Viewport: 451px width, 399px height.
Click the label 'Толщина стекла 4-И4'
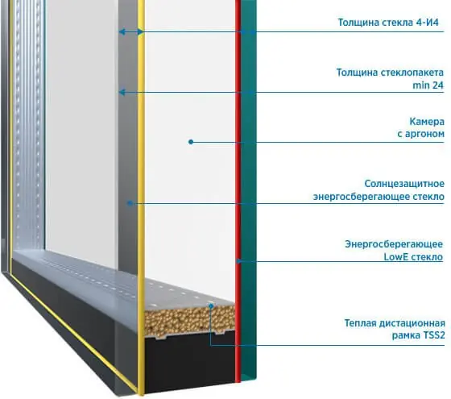tap(388, 23)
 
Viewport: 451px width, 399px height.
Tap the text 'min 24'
tap(428, 85)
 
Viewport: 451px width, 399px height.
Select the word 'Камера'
tap(427, 122)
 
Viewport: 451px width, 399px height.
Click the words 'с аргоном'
tap(420, 134)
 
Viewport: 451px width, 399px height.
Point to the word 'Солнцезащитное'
tap(404, 184)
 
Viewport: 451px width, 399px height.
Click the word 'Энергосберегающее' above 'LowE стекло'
tap(394, 244)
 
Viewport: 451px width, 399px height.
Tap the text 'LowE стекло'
tap(413, 257)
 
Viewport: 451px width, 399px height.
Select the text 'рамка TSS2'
tap(419, 335)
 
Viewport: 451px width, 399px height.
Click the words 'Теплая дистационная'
tap(395, 323)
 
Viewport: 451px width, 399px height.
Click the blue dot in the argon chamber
tap(191, 142)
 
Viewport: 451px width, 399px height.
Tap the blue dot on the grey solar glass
tap(130, 203)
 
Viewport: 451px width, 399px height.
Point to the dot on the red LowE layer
tap(238, 261)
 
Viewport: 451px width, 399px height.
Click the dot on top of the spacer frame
tap(211, 306)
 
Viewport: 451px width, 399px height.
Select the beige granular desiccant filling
tap(190, 320)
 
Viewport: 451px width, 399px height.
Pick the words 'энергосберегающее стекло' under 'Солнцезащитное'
tap(379, 197)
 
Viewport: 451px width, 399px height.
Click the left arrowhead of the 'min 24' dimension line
tap(122, 93)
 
